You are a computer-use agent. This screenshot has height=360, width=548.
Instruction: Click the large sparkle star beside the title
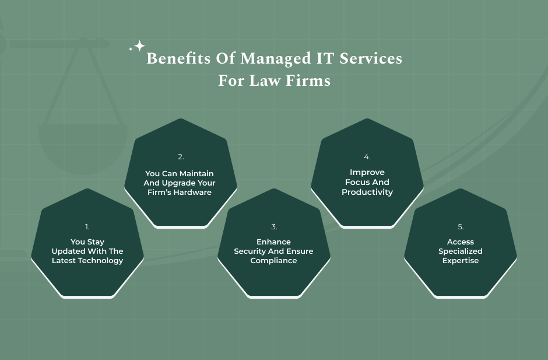tap(139, 46)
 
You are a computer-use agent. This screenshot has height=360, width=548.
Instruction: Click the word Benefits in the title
tap(178, 58)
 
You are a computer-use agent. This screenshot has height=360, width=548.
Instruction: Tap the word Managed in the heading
tap(275, 59)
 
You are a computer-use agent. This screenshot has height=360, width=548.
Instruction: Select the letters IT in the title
tap(325, 58)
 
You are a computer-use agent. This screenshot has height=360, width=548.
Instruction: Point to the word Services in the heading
tap(371, 58)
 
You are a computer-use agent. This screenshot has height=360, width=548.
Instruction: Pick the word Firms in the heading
tap(308, 81)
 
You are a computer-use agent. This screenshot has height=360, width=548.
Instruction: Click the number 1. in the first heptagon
tap(87, 227)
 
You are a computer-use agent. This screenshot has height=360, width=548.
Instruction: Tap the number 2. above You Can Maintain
tap(181, 157)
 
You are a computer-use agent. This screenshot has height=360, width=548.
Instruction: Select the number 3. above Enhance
tap(274, 227)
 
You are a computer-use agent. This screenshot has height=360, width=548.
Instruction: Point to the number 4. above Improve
tap(367, 157)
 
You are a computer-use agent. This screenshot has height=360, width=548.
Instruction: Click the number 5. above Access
tap(461, 227)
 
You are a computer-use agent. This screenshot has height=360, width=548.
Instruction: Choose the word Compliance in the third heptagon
tap(273, 261)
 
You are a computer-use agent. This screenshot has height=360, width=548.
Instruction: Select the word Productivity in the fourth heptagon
tap(367, 192)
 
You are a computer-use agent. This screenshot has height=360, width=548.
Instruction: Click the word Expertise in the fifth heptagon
tap(461, 261)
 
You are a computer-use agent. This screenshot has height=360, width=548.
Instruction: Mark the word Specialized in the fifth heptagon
tap(461, 251)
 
